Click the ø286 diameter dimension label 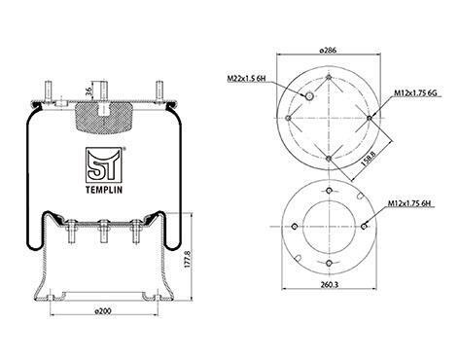pos(328,51)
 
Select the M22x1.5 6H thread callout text pos(246,79)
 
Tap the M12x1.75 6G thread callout pos(415,93)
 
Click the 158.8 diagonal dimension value pos(368,159)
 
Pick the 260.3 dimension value pos(330,284)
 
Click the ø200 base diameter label pos(102,310)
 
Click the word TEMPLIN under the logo pos(104,190)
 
